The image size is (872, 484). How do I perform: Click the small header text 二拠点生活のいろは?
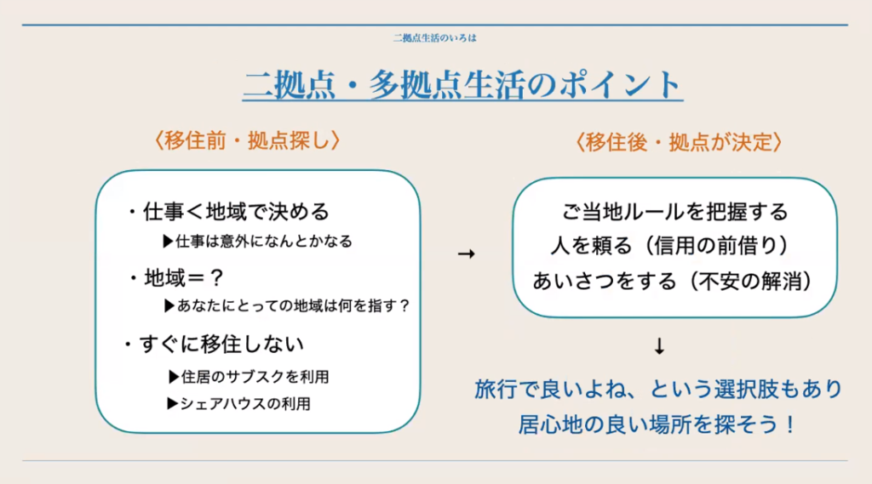[435, 37]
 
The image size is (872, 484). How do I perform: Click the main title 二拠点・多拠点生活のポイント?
[462, 85]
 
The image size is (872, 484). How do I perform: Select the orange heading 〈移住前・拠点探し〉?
[247, 140]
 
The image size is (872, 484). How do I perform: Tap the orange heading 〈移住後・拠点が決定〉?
[679, 142]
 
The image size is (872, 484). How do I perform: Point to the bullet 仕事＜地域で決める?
[228, 212]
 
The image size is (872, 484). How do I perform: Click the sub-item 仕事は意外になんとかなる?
[257, 242]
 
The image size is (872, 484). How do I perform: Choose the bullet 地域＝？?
[176, 277]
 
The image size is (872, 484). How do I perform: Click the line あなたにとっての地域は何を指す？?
[287, 305]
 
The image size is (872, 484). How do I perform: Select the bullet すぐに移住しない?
[214, 344]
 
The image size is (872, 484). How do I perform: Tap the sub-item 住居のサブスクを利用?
[249, 377]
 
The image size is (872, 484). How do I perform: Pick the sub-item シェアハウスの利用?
[238, 403]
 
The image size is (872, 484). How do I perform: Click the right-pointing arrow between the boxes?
[466, 254]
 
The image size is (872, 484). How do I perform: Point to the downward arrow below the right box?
[659, 346]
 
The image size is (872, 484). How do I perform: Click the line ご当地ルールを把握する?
[674, 212]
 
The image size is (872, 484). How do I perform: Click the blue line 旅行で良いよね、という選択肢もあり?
[658, 389]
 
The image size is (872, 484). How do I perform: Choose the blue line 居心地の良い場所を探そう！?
[658, 424]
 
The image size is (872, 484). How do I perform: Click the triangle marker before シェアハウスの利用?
[172, 403]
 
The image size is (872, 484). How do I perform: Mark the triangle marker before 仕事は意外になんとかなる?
[168, 242]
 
